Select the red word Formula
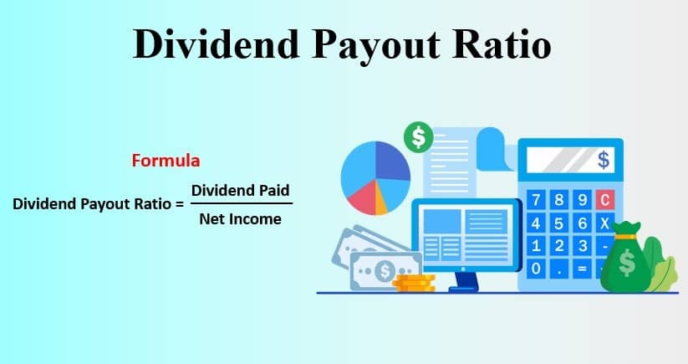[x=166, y=161]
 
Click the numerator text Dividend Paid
[x=241, y=191]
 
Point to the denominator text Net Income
[x=241, y=218]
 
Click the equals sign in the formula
[x=179, y=204]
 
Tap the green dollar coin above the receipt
[x=419, y=137]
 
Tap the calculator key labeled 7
[x=536, y=200]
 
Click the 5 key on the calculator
[x=559, y=223]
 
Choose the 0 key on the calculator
[x=536, y=269]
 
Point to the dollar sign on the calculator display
[x=604, y=160]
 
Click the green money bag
[x=627, y=259]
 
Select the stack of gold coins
[x=414, y=283]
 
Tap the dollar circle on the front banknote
[x=385, y=271]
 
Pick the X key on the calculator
[x=605, y=223]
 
